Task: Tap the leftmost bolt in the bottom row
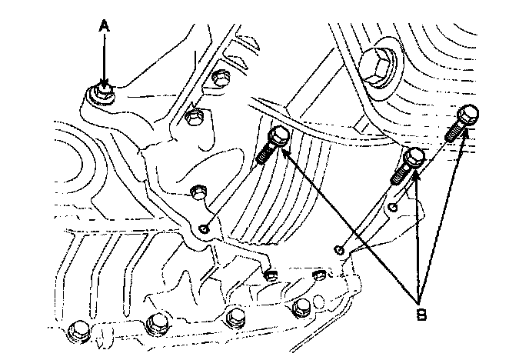click(78, 329)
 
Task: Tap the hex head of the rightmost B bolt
click(469, 113)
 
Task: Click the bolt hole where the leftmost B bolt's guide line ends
click(205, 227)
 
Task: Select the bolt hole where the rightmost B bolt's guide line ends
click(392, 207)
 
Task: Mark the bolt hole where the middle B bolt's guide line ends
click(338, 249)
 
